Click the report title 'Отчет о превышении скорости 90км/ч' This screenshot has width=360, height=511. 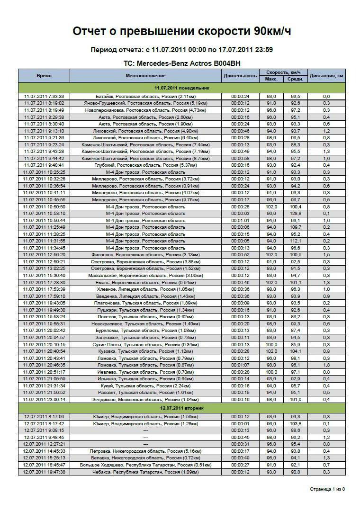pos(181,31)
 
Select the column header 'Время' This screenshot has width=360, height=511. pos(44,76)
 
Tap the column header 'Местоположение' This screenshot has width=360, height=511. pos(146,76)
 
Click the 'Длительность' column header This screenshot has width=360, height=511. pos(240,76)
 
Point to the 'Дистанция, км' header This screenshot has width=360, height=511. pos(326,76)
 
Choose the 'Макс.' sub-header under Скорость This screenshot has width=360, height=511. pos(271,79)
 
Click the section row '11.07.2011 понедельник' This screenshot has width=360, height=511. pos(182,88)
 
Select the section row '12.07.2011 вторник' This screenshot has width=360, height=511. pos(182,408)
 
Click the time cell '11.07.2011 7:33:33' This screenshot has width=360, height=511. pos(44,97)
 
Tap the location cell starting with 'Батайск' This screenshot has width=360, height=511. pos(146,97)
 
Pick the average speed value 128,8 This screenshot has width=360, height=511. pos(296,214)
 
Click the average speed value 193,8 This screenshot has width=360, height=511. pos(296,424)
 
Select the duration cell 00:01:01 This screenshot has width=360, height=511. pos(240,220)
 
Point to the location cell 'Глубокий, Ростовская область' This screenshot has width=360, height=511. pos(146,165)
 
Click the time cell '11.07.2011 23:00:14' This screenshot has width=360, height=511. pos(44,399)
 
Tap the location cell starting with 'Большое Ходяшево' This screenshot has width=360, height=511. pos(146,465)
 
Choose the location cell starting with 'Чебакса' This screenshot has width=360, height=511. pos(146,472)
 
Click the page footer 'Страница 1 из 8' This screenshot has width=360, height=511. pos(327,489)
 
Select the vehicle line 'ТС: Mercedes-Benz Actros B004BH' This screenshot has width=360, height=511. pos(181,63)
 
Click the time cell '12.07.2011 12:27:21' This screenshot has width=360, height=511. pos(44,444)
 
